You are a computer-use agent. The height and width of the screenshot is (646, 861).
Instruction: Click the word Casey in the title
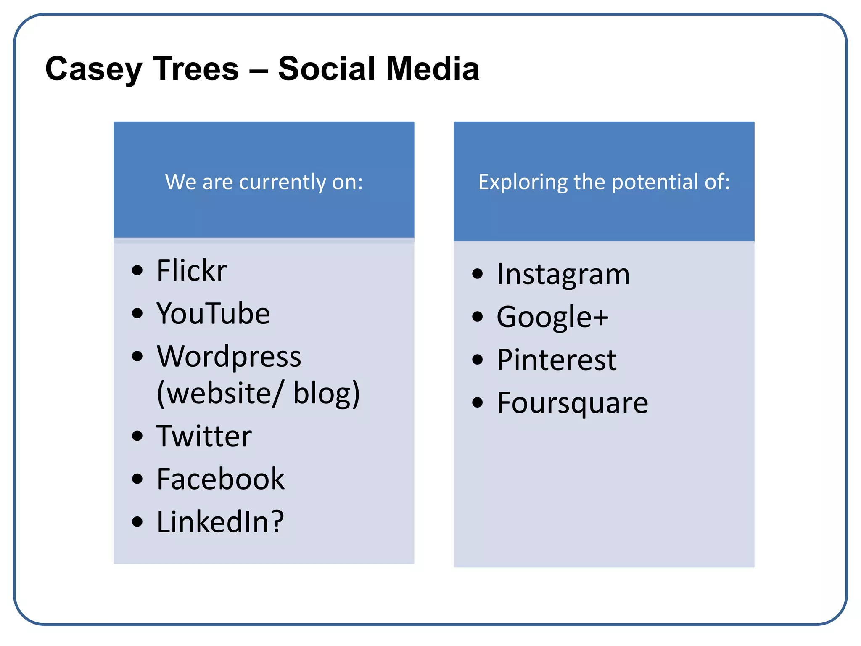93,69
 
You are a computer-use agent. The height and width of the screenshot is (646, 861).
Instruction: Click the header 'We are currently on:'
264,182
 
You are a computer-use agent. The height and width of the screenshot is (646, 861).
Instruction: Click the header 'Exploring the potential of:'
604,182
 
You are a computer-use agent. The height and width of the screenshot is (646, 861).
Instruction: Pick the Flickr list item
192,270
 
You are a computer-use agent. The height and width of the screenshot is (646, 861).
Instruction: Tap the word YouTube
213,314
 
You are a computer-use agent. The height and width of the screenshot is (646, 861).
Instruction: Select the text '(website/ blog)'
258,393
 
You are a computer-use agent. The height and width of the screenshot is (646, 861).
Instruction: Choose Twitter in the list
204,436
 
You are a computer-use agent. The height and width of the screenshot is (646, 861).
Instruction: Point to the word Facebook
221,479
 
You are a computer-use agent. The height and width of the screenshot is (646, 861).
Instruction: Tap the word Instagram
563,274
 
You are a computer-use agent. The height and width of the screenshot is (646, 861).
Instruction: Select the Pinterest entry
557,360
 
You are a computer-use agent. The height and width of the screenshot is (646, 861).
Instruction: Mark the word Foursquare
573,403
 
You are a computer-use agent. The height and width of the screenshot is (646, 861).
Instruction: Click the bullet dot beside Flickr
137,270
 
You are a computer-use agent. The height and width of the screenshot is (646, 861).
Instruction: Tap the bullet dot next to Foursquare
477,402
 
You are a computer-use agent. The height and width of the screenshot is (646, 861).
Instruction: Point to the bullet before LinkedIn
137,522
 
